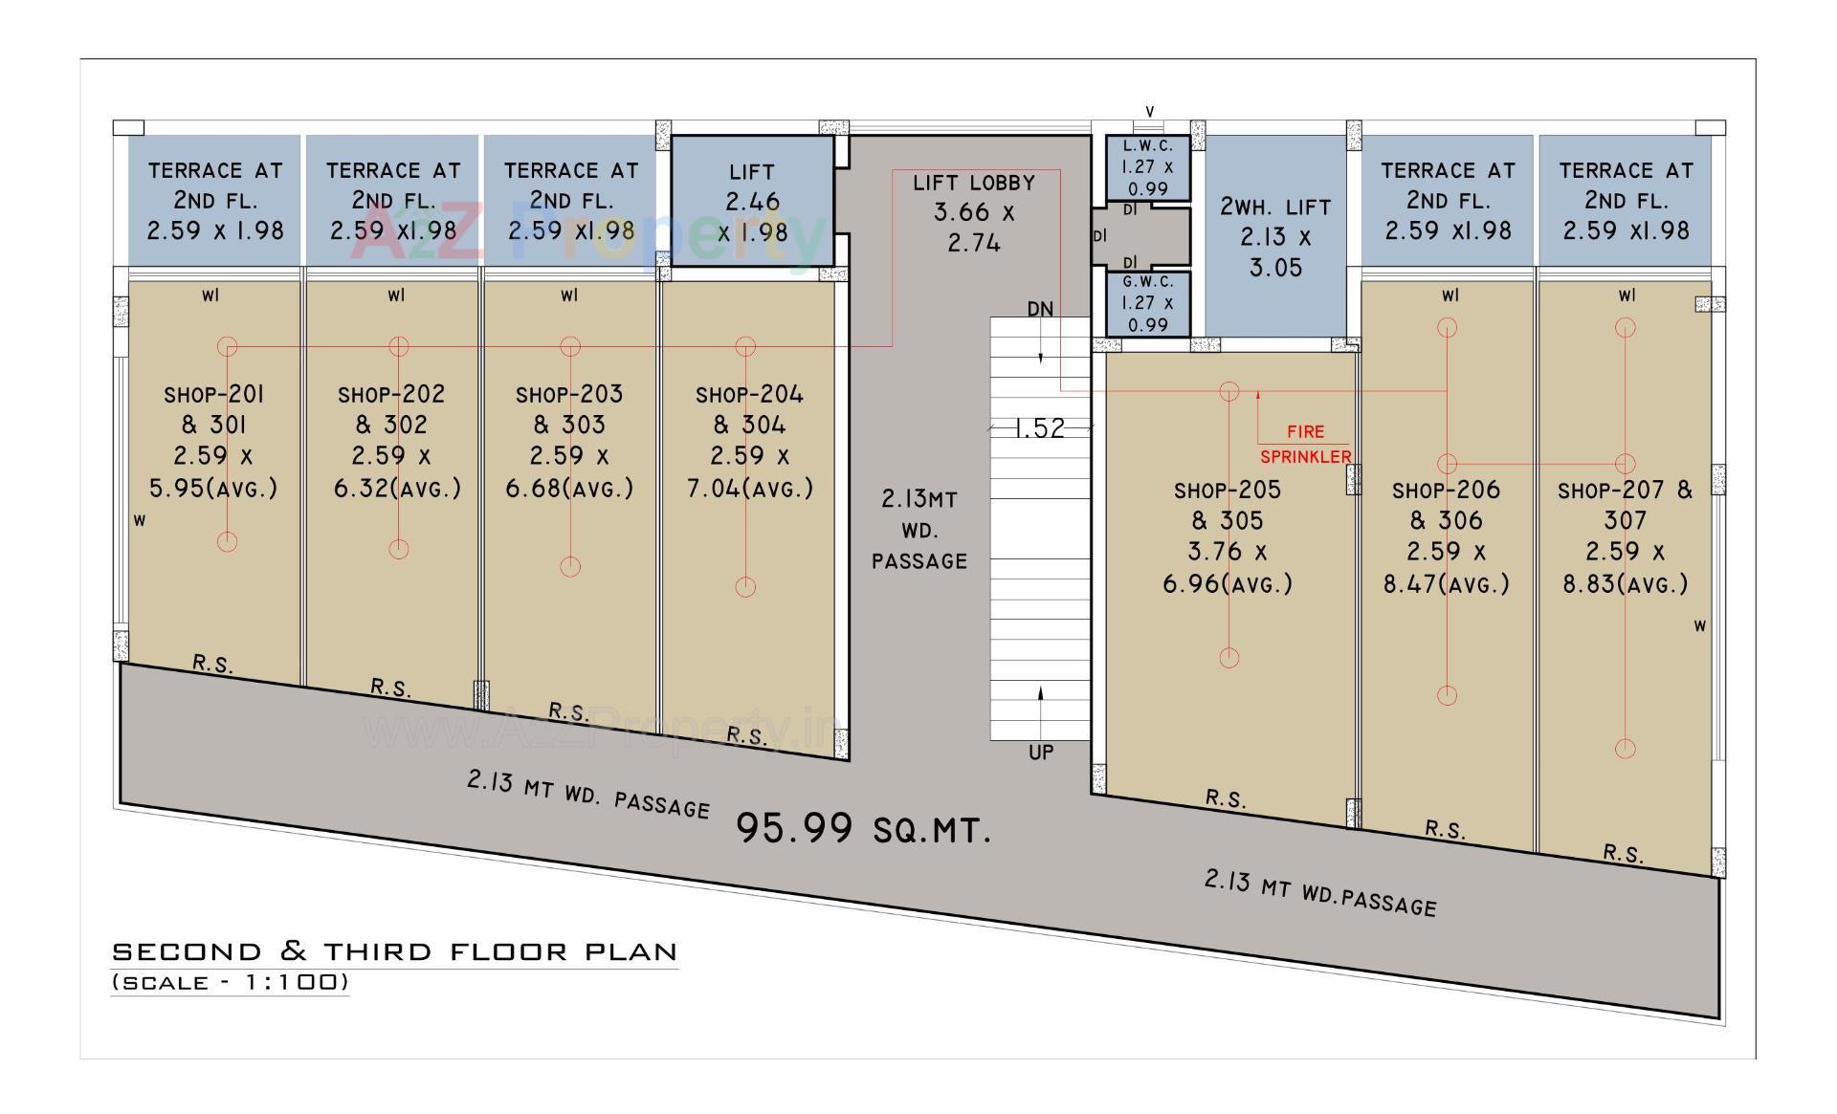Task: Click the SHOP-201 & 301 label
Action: tap(213, 408)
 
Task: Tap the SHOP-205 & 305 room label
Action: tap(1228, 505)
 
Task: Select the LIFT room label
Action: tap(751, 172)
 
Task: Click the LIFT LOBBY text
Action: tap(973, 183)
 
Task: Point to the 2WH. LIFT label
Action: tap(1275, 207)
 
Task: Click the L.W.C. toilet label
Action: tap(1147, 146)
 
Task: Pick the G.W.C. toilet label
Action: tap(1147, 282)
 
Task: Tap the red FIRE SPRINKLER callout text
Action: tap(1306, 444)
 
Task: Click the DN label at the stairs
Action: tap(1040, 309)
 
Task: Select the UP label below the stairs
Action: tap(1041, 753)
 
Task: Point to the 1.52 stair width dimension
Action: tap(1039, 427)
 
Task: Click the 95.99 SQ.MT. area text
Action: tap(863, 828)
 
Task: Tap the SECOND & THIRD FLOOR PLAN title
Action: tap(394, 951)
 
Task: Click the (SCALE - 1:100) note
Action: tap(230, 982)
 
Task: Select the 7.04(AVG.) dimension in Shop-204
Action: tap(750, 489)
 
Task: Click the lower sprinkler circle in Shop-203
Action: tap(570, 567)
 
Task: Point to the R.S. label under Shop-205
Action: tap(1226, 798)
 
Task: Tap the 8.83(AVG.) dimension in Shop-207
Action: tap(1626, 583)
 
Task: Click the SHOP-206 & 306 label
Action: tap(1446, 505)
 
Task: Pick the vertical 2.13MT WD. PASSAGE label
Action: tap(919, 530)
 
